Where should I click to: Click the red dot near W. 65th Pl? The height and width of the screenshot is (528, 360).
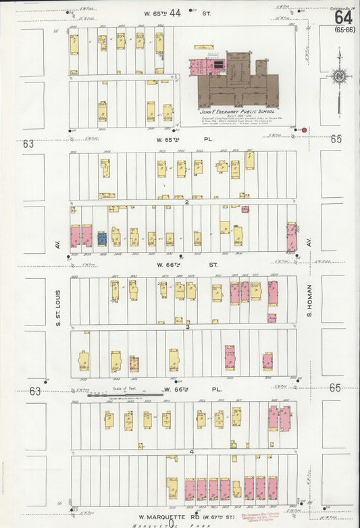click(304, 130)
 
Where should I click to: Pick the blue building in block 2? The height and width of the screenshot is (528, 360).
click(101, 238)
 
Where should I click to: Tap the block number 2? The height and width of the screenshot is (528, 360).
click(186, 201)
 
